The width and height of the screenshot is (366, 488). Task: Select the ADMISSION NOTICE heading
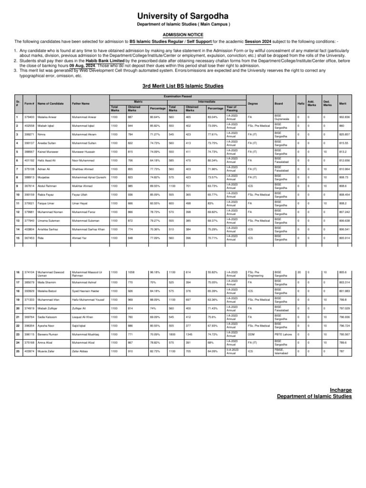coord(183,35)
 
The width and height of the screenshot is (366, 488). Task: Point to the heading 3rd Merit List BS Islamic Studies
coord(183,86)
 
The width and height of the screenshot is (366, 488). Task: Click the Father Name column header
coord(81,103)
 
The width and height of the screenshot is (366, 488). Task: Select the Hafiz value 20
coord(299,272)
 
